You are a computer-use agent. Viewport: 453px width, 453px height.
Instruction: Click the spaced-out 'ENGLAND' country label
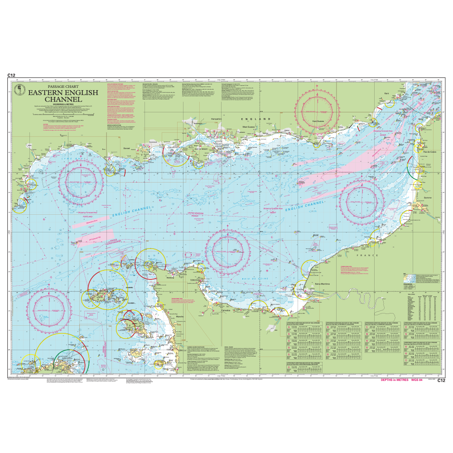pyautogui.click(x=254, y=118)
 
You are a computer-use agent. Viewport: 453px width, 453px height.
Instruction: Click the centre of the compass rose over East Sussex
pyautogui.click(x=321, y=111)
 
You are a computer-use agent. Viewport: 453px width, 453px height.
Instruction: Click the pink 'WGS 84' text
pyautogui.click(x=419, y=381)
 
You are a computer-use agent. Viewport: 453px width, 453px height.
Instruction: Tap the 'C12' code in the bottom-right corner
pyautogui.click(x=442, y=381)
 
